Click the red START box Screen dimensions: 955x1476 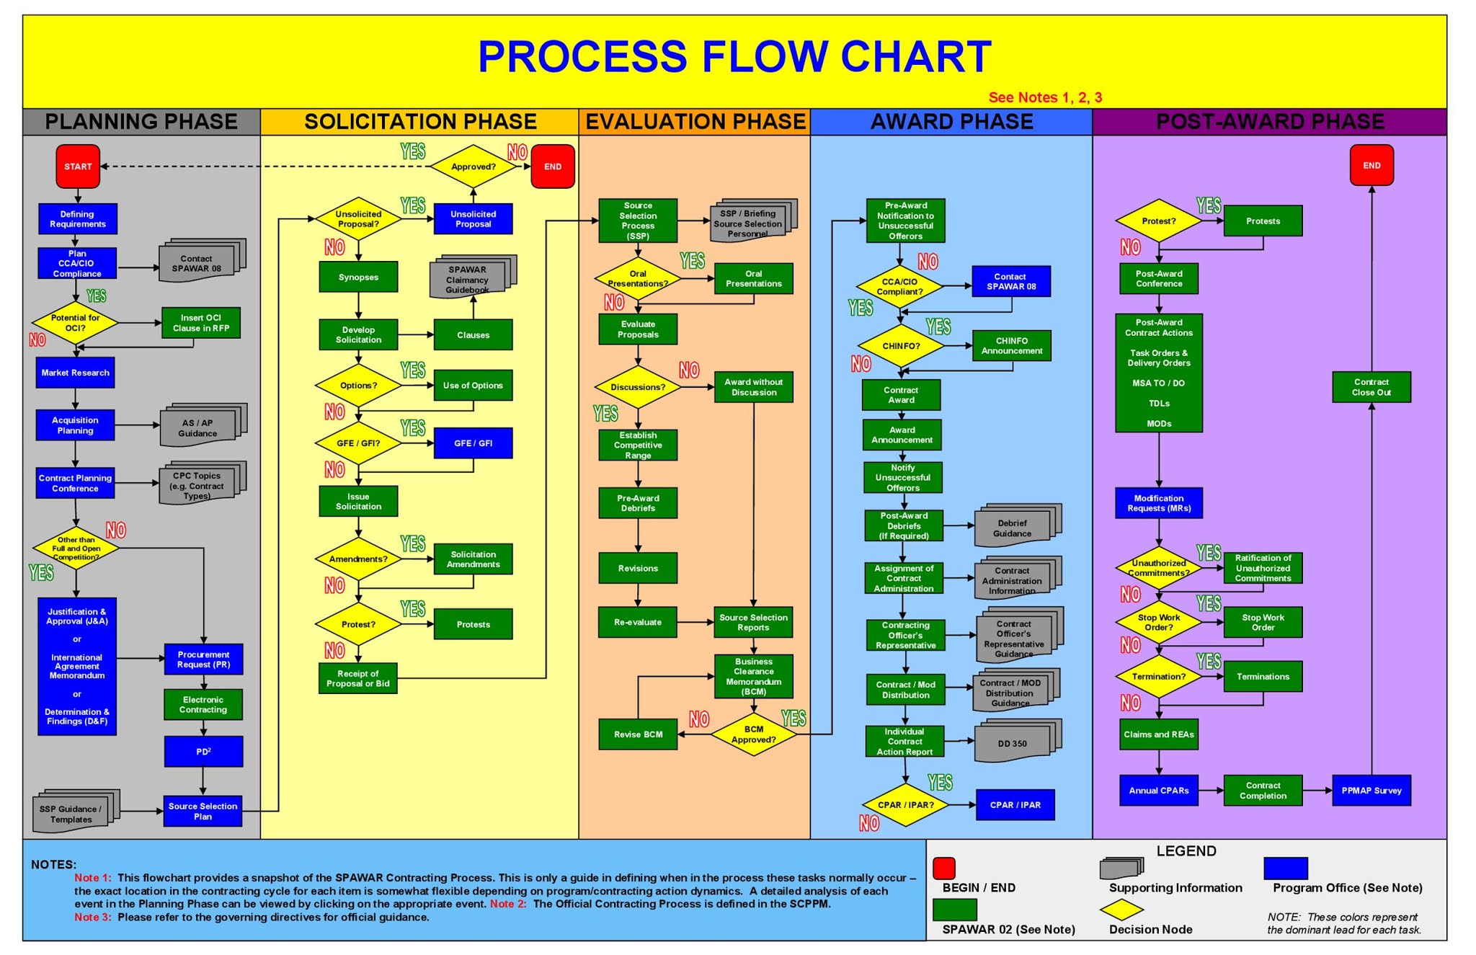click(x=78, y=166)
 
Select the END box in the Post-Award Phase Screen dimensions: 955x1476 click(x=1371, y=166)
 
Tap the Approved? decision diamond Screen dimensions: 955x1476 click(x=473, y=166)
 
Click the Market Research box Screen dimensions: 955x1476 click(x=75, y=373)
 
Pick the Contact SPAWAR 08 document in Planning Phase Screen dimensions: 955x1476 click(x=197, y=263)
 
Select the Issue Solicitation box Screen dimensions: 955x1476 click(x=358, y=501)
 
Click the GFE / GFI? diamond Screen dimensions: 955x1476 click(x=358, y=443)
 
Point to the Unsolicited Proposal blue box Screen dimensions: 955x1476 click(x=473, y=219)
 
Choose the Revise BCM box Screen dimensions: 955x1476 click(x=638, y=734)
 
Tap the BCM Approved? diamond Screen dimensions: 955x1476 click(x=753, y=734)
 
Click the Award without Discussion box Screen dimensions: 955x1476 click(x=753, y=387)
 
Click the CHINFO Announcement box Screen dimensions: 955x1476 click(x=1011, y=346)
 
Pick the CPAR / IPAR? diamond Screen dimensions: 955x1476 click(x=905, y=805)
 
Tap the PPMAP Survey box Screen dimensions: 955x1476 click(x=1371, y=791)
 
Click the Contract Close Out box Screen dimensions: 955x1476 click(x=1371, y=387)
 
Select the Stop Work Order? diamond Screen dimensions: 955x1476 click(x=1158, y=622)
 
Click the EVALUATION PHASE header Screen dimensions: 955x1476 click(x=695, y=122)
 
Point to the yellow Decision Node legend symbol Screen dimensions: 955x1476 click(x=1121, y=910)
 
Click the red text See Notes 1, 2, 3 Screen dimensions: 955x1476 click(x=1044, y=97)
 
